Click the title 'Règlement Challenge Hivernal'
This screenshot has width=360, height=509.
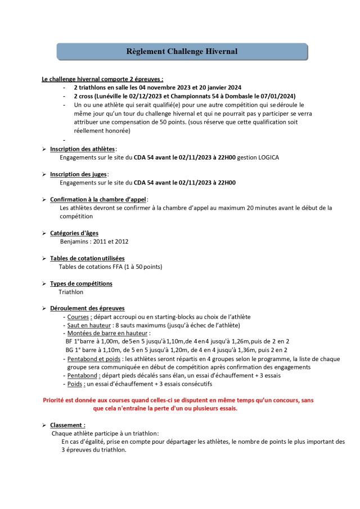pos(182,52)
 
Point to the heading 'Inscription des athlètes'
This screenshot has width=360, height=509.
pos(82,149)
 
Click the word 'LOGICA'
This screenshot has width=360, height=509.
pos(265,157)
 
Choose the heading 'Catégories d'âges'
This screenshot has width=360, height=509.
pos(75,233)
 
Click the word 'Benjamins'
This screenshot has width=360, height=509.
pos(75,242)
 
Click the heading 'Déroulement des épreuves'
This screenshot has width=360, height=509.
pos(87,308)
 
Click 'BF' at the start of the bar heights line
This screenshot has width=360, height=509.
pos(69,341)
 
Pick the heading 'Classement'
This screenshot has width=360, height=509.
pos(67,425)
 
